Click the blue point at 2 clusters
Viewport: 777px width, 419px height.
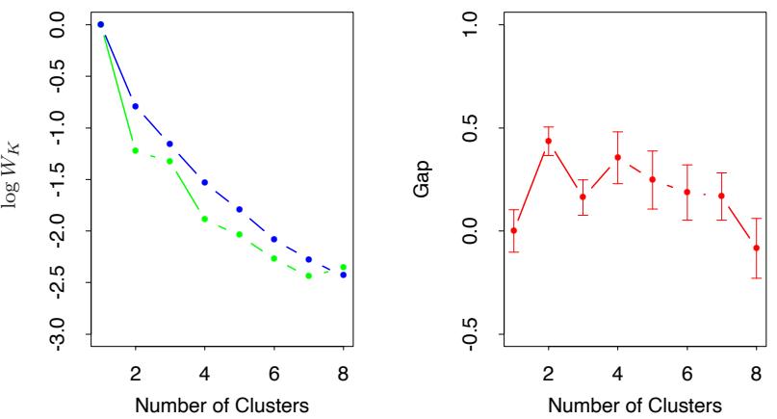tap(135, 106)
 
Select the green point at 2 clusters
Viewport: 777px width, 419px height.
tap(135, 150)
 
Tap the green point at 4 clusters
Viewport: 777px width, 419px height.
tap(204, 219)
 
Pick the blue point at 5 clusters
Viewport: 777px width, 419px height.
tap(239, 209)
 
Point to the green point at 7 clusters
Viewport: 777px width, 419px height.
tap(308, 275)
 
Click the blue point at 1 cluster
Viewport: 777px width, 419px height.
tap(100, 24)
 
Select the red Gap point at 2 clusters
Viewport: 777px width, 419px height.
tap(548, 141)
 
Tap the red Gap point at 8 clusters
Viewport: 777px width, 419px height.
tap(756, 248)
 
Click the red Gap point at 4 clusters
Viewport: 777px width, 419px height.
tap(617, 157)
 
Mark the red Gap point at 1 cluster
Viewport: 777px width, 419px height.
tap(513, 230)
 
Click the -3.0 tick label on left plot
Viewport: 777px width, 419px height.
tap(58, 334)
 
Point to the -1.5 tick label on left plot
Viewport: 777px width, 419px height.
tap(58, 179)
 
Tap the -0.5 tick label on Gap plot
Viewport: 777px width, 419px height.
tap(470, 334)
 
